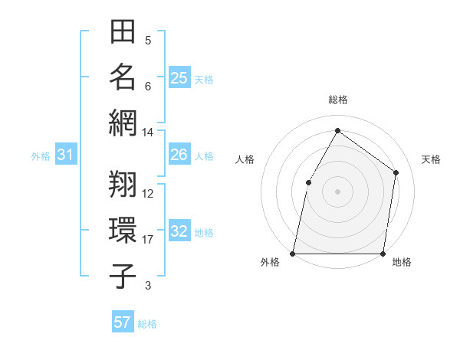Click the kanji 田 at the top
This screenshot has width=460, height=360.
point(123,32)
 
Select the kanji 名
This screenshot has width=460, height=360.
point(123,77)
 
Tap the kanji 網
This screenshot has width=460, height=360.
point(123,123)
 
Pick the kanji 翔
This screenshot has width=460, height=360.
point(123,184)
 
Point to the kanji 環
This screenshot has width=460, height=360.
point(123,230)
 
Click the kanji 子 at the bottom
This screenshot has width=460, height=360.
point(123,276)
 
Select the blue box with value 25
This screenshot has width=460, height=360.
point(179,77)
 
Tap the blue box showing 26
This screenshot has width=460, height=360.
point(179,155)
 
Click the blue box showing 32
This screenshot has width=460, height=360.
point(179,232)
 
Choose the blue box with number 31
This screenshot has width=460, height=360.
point(66,155)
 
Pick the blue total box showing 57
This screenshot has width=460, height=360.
point(123,322)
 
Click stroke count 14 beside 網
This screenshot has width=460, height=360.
point(148,132)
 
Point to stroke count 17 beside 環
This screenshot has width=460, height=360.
point(148,240)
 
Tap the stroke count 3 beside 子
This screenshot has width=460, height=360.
point(148,286)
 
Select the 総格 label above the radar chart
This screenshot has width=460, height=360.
point(337,100)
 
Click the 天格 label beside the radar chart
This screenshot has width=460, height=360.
point(431,159)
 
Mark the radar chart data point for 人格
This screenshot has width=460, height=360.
point(308,182)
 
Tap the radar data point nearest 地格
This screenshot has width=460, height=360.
point(383,253)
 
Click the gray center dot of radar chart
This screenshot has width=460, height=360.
point(337,191)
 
